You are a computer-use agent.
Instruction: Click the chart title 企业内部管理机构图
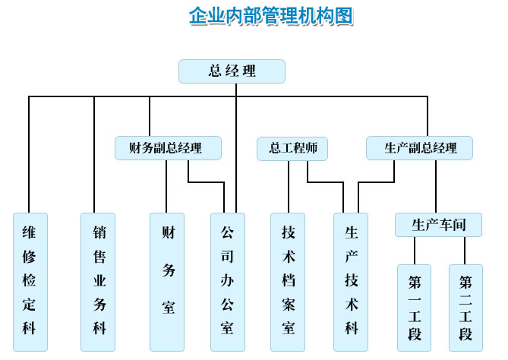[x=271, y=16]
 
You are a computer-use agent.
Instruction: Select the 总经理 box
[x=232, y=71]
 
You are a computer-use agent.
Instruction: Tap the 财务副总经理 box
[x=168, y=148]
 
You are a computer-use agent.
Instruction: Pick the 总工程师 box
[x=292, y=148]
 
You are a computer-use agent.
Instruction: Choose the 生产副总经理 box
[x=420, y=148]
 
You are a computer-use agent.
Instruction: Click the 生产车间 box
[x=438, y=225]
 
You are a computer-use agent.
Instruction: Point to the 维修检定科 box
[x=30, y=282]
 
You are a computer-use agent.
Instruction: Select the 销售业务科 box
[x=98, y=282]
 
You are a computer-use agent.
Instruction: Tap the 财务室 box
[x=167, y=282]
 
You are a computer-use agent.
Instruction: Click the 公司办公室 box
[x=228, y=282]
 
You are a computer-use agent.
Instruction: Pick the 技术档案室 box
[x=288, y=282]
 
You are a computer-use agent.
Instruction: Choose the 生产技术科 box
[x=351, y=282]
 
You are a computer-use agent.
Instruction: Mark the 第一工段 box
[x=415, y=308]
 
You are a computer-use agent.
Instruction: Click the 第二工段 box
[x=466, y=308]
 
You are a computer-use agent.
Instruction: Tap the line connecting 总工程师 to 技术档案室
[x=289, y=187]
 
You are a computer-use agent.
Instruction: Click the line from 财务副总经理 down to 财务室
[x=166, y=186]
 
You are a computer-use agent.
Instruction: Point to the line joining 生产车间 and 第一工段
[x=415, y=251]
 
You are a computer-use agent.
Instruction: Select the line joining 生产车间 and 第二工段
[x=465, y=251]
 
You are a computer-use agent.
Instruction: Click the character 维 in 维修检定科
[x=29, y=232]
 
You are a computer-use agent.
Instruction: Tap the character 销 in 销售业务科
[x=99, y=232]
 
